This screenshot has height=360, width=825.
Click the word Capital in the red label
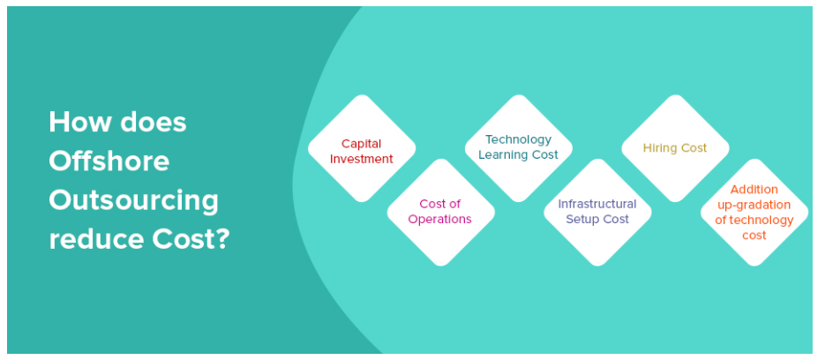click(x=361, y=144)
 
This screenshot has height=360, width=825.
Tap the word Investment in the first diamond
click(x=362, y=159)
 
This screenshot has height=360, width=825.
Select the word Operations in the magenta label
click(x=440, y=220)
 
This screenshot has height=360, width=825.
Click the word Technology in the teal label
click(x=518, y=140)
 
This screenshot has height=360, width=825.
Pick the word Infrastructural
click(x=597, y=204)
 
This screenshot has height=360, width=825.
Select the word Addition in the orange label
click(x=754, y=190)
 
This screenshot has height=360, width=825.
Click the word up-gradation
click(x=754, y=205)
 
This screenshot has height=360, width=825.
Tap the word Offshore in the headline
click(x=109, y=161)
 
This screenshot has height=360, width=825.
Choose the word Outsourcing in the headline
click(x=133, y=201)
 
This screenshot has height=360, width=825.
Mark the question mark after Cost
click(x=223, y=239)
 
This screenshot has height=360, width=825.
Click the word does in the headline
click(x=154, y=122)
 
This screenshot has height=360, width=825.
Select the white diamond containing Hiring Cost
click(x=675, y=148)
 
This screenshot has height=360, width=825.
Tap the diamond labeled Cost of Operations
click(x=441, y=212)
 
